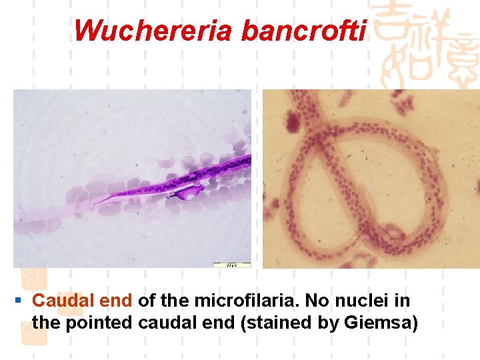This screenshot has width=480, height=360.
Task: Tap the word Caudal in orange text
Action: (x=61, y=301)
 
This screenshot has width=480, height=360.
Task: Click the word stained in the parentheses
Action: (x=281, y=323)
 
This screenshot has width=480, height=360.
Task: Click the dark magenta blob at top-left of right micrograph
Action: (x=291, y=121)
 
